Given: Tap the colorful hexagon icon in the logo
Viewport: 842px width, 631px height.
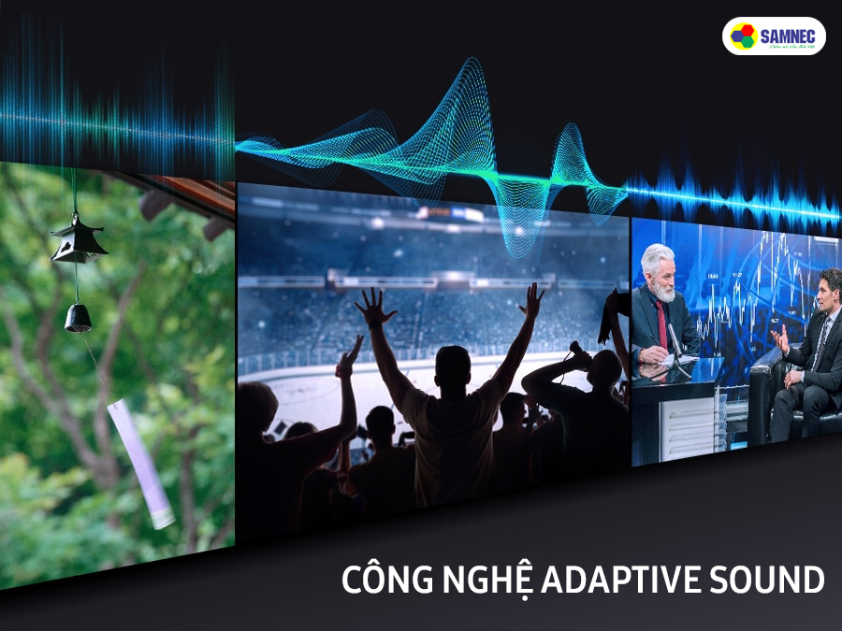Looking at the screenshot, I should click(x=744, y=36).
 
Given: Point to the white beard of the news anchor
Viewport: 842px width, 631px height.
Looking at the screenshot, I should click(x=662, y=290).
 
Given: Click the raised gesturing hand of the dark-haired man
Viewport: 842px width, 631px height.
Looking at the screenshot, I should click(x=780, y=338).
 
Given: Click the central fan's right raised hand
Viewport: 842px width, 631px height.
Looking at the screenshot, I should click(x=531, y=301).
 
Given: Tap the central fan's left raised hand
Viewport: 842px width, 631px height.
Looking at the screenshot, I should click(x=375, y=307).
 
